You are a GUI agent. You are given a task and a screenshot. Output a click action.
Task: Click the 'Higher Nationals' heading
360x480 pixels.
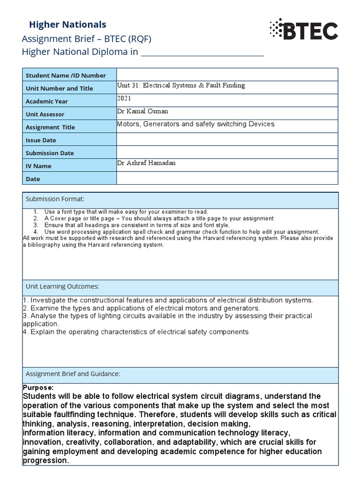pos(67,24)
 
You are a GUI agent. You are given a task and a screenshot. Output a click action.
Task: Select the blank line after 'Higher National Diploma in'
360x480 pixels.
pos(202,52)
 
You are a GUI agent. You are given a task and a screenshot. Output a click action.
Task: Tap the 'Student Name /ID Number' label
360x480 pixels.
pos(66,75)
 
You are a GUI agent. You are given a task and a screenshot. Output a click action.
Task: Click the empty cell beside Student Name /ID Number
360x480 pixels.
pos(227,75)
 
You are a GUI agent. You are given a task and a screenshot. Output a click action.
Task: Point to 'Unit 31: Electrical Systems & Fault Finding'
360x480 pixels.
pos(180,86)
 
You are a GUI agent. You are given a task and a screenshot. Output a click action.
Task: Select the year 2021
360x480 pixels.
pos(124,98)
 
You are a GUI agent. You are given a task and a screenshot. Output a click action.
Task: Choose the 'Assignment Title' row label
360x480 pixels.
pos(50,127)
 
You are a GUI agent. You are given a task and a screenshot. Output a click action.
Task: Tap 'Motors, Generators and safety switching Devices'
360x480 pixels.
pos(195,124)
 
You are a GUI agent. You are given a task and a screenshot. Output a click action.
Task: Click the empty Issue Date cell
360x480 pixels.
pos(227,139)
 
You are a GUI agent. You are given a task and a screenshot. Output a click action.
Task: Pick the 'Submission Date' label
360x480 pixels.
pos(50,153)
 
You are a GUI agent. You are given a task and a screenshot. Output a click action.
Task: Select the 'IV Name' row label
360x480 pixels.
pos(38,166)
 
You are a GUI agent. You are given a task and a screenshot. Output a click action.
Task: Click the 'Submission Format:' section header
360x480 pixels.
pos(55,200)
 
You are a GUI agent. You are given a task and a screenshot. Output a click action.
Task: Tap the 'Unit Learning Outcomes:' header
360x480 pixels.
pos(62,286)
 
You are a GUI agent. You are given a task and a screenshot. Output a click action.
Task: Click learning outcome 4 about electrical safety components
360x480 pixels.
pos(136,332)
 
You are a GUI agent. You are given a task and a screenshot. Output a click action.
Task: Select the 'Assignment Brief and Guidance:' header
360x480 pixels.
pos(73,374)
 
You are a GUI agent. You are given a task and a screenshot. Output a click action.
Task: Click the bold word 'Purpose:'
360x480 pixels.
pos(38,388)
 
